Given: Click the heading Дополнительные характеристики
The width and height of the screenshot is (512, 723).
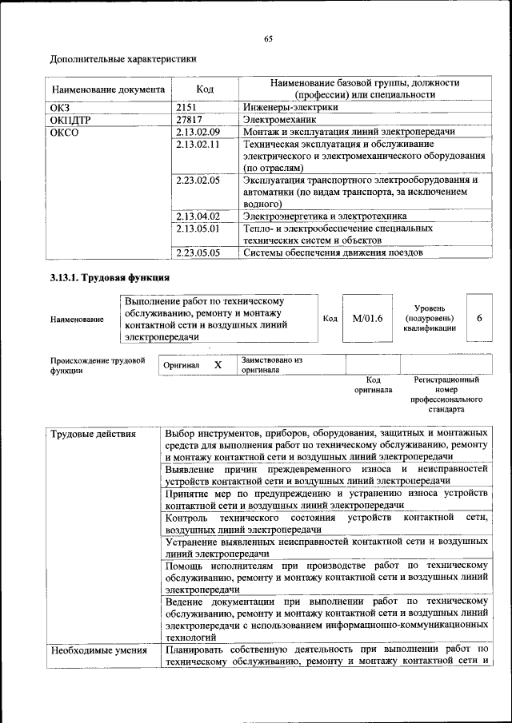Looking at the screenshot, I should point(123,58).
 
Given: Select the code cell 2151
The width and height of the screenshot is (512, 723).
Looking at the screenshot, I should point(187,106).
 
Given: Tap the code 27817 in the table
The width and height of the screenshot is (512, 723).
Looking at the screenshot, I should point(189,118).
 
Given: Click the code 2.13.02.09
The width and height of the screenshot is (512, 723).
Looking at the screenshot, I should point(197,131).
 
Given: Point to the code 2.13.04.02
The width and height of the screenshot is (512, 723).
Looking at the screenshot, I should point(197,216).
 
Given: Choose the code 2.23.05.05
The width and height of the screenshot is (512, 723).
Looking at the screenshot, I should point(197,252).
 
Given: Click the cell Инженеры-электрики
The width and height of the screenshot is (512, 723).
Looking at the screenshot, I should point(290,106).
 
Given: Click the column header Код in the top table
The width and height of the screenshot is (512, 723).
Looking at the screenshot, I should point(204,89).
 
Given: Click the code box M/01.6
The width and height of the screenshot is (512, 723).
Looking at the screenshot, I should point(367,318).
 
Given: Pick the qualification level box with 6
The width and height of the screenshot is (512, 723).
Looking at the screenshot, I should point(478,318).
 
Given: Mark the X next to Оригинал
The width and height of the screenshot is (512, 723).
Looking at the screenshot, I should point(217,364).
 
